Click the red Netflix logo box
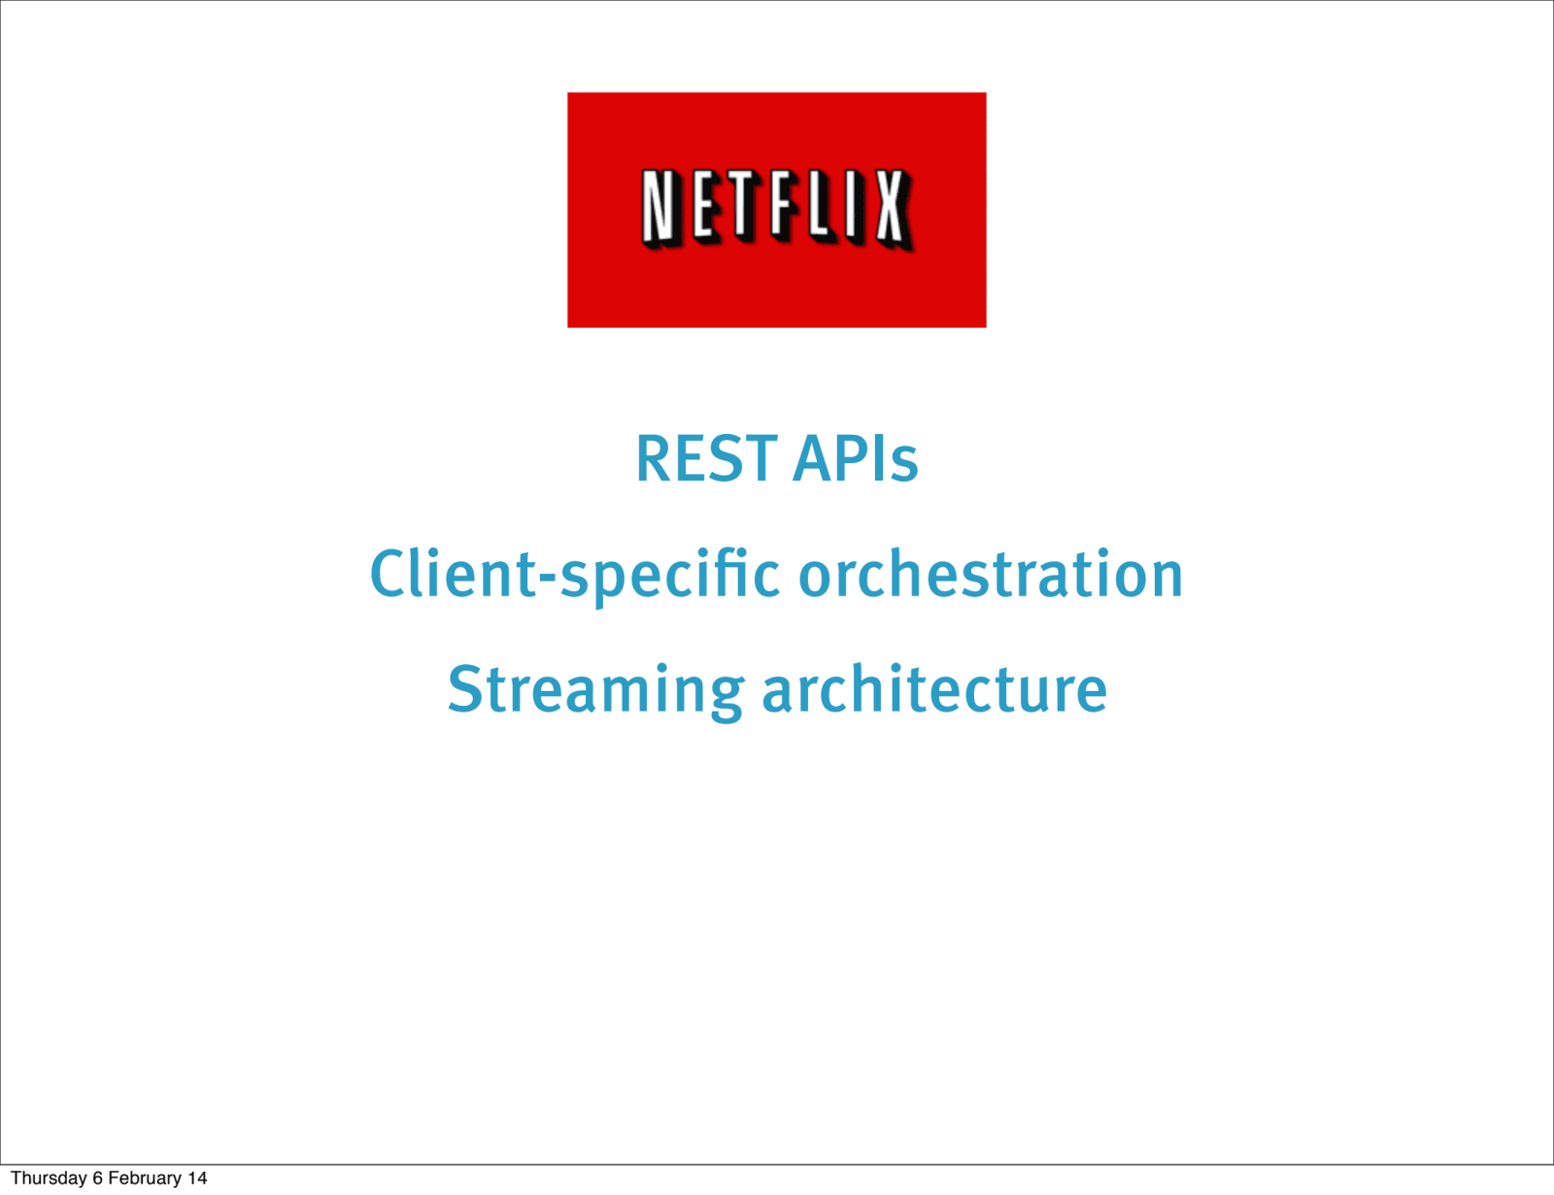coord(777,210)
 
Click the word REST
coord(706,458)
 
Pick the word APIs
coord(856,458)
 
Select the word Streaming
coord(595,690)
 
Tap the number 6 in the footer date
coord(97,1178)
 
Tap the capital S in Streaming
coord(465,689)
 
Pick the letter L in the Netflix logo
coord(821,206)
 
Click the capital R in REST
coord(655,458)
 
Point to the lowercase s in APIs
coord(904,465)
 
